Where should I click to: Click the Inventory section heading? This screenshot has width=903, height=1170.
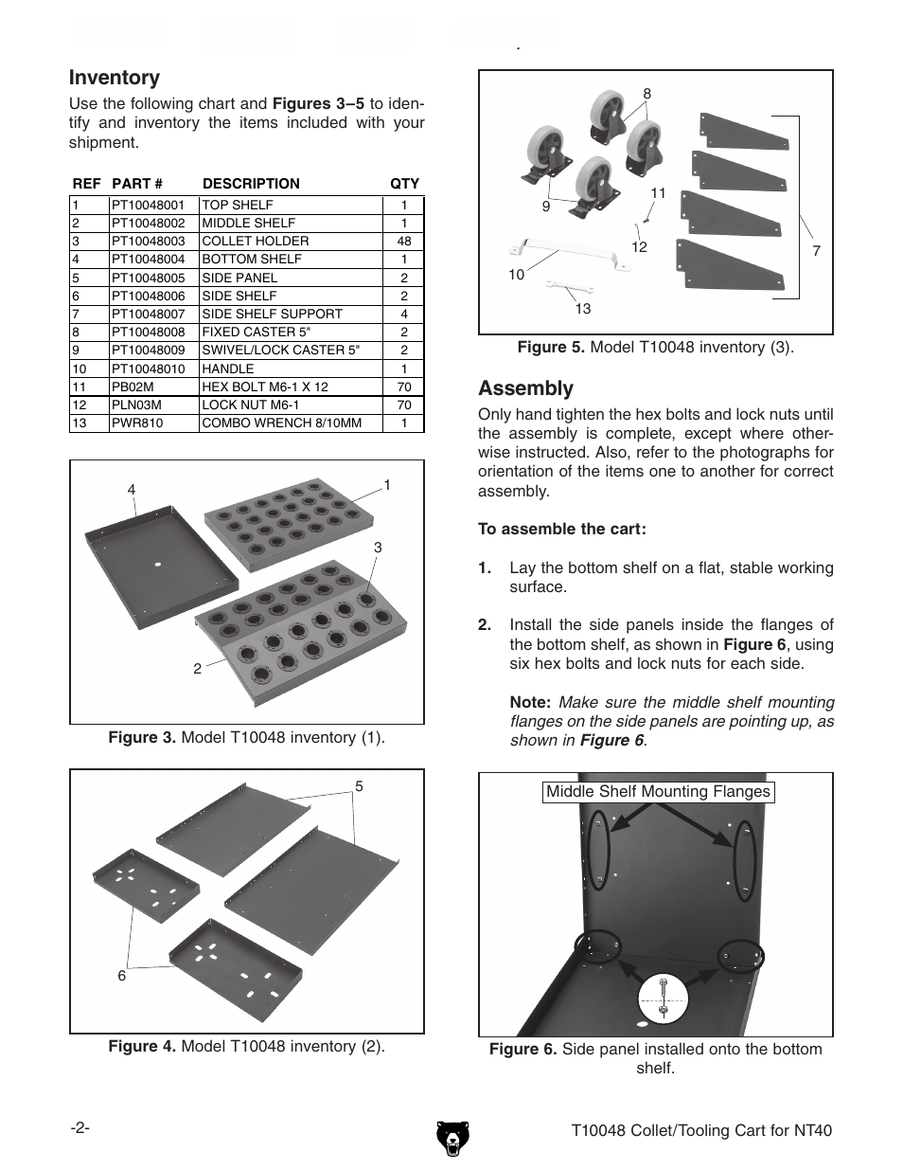[115, 78]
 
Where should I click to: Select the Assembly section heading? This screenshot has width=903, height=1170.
[525, 388]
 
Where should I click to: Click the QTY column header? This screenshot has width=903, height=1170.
[404, 184]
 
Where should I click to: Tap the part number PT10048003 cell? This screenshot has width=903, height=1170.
[149, 241]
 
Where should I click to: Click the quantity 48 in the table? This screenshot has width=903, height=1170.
[404, 241]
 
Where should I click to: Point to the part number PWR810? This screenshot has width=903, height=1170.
[137, 423]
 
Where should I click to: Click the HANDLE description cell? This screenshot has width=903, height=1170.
[228, 369]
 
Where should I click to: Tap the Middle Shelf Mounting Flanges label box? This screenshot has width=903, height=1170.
[658, 792]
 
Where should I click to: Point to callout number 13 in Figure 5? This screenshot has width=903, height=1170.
[582, 309]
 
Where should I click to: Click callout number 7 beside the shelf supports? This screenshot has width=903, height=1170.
[816, 251]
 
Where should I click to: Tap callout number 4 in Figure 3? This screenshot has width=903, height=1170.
[132, 490]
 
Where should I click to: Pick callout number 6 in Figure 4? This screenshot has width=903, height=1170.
[122, 976]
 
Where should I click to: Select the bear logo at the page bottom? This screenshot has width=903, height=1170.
[451, 1136]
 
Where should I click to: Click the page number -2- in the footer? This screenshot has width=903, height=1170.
[80, 1129]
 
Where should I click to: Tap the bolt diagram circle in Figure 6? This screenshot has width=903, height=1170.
[663, 999]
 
